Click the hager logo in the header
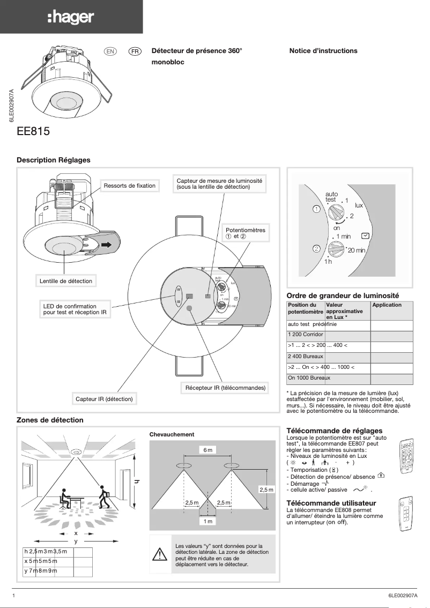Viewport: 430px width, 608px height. pyautogui.click(x=71, y=18)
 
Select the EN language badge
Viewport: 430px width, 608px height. pyautogui.click(x=110, y=51)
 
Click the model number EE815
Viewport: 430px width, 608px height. pyautogui.click(x=34, y=131)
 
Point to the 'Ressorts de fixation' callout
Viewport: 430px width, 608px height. pyautogui.click(x=130, y=186)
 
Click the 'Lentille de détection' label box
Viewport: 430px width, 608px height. pyautogui.click(x=66, y=281)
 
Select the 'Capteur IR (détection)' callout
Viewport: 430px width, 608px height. pyautogui.click(x=104, y=399)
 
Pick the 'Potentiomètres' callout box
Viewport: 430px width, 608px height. pyautogui.click(x=245, y=233)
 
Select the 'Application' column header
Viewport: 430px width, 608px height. pyautogui.click(x=387, y=305)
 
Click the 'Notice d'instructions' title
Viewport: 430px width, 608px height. pyautogui.click(x=323, y=51)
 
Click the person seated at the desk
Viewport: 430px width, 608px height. pyautogui.click(x=64, y=498)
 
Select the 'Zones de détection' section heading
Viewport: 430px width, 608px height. pyautogui.click(x=50, y=420)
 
